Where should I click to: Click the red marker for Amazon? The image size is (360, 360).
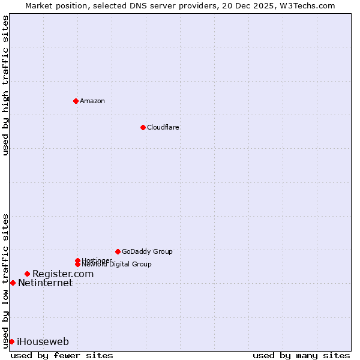coord(76,101)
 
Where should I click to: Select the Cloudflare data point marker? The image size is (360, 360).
coord(143,127)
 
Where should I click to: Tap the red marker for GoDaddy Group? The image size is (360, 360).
coord(118,251)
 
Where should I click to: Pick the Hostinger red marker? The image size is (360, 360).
coord(77,260)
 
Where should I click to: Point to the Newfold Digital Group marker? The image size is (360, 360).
coord(77,264)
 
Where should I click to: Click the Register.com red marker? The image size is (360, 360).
coord(27,274)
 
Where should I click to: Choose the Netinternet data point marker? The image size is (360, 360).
coord(13,283)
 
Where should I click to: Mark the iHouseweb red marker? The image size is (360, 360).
coord(11,341)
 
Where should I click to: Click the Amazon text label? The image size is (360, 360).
coord(92,101)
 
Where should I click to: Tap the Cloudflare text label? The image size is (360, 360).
coord(163,127)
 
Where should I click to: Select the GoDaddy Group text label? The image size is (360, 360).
coord(147,251)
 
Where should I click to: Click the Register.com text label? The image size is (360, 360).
coord(63,274)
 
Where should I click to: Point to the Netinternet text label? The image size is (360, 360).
coord(45,283)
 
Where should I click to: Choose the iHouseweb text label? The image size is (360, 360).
coord(43,342)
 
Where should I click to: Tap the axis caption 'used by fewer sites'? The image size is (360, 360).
coord(62,355)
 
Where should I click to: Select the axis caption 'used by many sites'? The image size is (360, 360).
coord(301,355)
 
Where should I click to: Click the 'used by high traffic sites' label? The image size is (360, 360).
coord(5,85)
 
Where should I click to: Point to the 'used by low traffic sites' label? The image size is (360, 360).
coord(5,281)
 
